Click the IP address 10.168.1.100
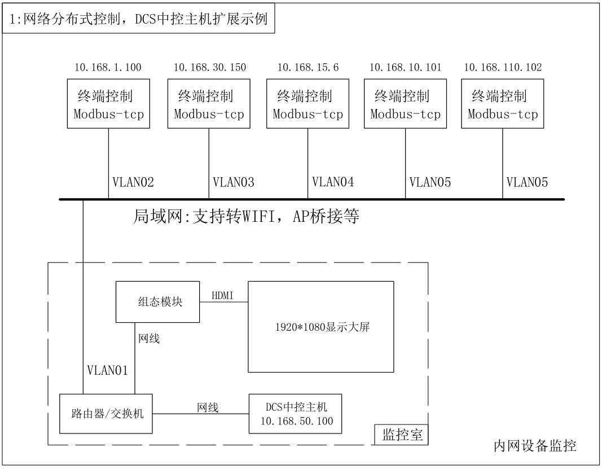(108, 68)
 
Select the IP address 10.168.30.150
(210, 68)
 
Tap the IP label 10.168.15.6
(308, 68)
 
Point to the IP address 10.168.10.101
(406, 68)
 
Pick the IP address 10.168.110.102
(503, 68)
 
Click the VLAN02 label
(133, 182)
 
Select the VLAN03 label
(234, 182)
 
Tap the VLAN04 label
(333, 182)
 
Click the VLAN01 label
(108, 370)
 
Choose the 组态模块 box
(158, 302)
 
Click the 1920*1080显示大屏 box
(321, 327)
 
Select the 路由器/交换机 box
(106, 414)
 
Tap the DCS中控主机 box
(295, 414)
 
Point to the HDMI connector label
(223, 295)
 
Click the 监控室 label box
(401, 435)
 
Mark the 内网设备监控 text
(535, 446)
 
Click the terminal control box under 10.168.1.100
(108, 104)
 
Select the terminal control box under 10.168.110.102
(503, 104)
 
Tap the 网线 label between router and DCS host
(208, 407)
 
